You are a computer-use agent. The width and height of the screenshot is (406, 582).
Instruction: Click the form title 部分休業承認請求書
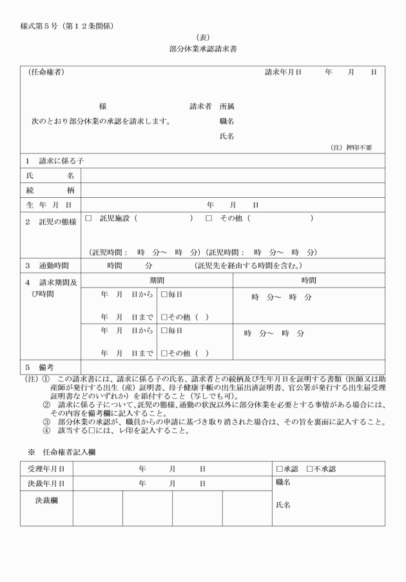202,48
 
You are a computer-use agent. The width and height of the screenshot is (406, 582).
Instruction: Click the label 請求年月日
283,73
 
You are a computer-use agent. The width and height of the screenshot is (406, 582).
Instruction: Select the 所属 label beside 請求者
226,106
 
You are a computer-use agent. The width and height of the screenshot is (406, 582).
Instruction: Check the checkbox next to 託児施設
89,219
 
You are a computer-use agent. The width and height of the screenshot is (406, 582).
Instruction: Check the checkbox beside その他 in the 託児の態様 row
209,219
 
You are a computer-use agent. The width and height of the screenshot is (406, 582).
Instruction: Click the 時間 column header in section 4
309,280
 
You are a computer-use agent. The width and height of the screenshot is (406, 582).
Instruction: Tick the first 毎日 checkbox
164,295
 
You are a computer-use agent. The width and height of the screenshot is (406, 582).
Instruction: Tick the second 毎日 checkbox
164,331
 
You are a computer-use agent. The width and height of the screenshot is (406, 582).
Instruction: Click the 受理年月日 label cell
46,469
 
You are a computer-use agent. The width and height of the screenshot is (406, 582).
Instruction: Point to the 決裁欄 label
46,499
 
